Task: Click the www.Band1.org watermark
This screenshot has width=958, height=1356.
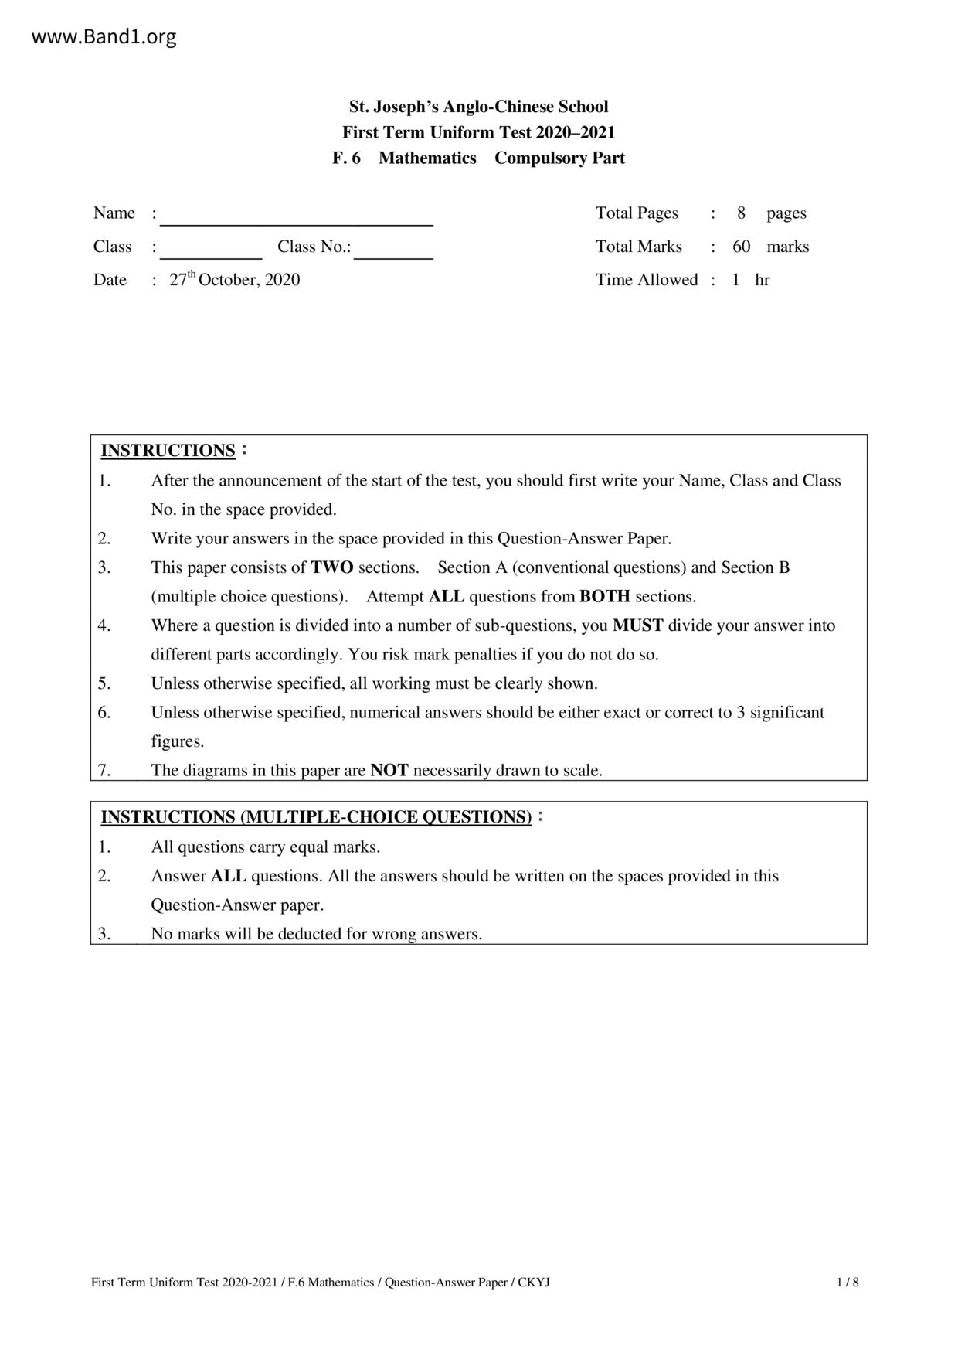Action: (x=104, y=36)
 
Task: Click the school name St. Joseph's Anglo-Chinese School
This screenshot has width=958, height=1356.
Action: (x=478, y=107)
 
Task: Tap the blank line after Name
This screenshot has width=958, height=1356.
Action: (x=296, y=216)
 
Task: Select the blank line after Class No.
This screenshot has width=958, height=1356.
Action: (x=393, y=250)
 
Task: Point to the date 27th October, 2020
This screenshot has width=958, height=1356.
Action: (x=235, y=280)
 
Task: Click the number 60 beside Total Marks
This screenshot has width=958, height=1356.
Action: (x=741, y=247)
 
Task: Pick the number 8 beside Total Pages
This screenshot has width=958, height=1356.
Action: (x=741, y=213)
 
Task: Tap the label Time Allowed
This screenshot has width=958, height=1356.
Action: (x=646, y=280)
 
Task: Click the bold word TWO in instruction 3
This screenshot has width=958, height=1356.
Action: (x=331, y=567)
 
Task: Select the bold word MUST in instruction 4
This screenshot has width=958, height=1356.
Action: (x=637, y=625)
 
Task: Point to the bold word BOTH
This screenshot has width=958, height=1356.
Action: (x=604, y=597)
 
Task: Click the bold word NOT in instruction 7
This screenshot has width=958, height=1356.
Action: (x=389, y=770)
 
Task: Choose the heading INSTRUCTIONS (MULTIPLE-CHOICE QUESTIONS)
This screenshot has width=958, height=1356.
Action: (x=316, y=817)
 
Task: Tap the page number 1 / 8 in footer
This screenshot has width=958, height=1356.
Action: (x=848, y=1283)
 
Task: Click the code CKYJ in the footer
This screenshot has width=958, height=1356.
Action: (x=533, y=1283)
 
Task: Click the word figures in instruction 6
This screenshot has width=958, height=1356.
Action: (x=178, y=741)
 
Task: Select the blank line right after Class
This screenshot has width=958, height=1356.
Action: (x=211, y=250)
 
